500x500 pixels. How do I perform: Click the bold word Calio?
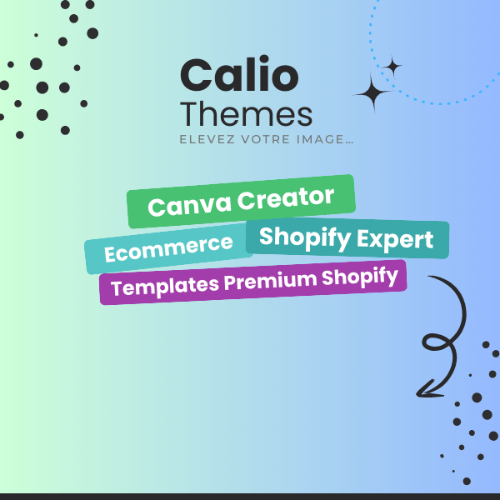pos(239,74)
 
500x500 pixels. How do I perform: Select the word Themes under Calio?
pos(246,114)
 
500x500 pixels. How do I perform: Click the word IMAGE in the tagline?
pos(321,139)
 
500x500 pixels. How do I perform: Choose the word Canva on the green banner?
pos(189,206)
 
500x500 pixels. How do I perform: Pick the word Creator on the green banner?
pos(286,198)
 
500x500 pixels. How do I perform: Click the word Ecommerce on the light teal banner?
pos(168,248)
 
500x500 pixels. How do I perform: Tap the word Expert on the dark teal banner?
pos(395,239)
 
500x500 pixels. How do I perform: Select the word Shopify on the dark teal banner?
pos(305,237)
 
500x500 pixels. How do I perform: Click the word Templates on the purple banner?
pos(165,287)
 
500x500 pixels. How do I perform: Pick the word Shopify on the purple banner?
pos(360,277)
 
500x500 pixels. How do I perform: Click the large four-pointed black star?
pos(372,93)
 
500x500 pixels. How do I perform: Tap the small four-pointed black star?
pos(393,67)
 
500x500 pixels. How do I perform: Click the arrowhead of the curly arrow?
pos(427,390)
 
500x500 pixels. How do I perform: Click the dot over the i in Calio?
pos(264,59)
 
